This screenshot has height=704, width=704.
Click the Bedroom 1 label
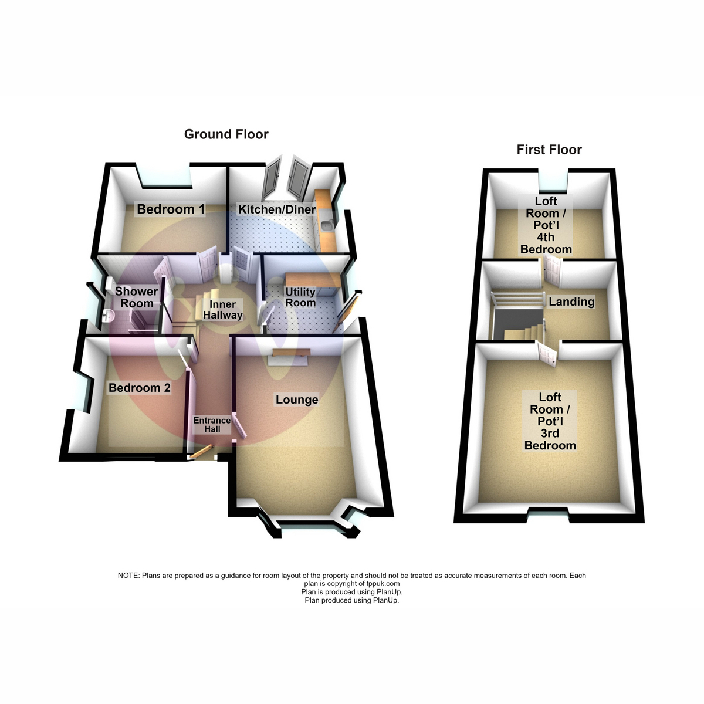pyautogui.click(x=171, y=209)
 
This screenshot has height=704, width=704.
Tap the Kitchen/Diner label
pyautogui.click(x=276, y=209)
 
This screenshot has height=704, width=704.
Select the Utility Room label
pyautogui.click(x=300, y=297)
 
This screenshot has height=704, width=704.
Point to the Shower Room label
pyautogui.click(x=137, y=297)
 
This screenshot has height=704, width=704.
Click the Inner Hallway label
pyautogui.click(x=222, y=309)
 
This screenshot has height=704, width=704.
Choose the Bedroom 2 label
pyautogui.click(x=140, y=388)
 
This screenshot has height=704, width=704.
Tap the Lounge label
pyautogui.click(x=297, y=400)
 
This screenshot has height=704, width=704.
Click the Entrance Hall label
pyautogui.click(x=212, y=425)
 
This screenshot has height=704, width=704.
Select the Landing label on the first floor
pyautogui.click(x=571, y=302)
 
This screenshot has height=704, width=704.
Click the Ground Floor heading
pyautogui.click(x=226, y=134)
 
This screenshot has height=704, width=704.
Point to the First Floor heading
pyautogui.click(x=549, y=150)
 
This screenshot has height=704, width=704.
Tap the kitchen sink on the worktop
pyautogui.click(x=326, y=225)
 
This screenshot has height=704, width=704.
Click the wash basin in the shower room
pyautogui.click(x=108, y=316)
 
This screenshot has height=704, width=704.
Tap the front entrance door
pyautogui.click(x=201, y=452)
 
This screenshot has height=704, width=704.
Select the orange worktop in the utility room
pyautogui.click(x=312, y=279)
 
